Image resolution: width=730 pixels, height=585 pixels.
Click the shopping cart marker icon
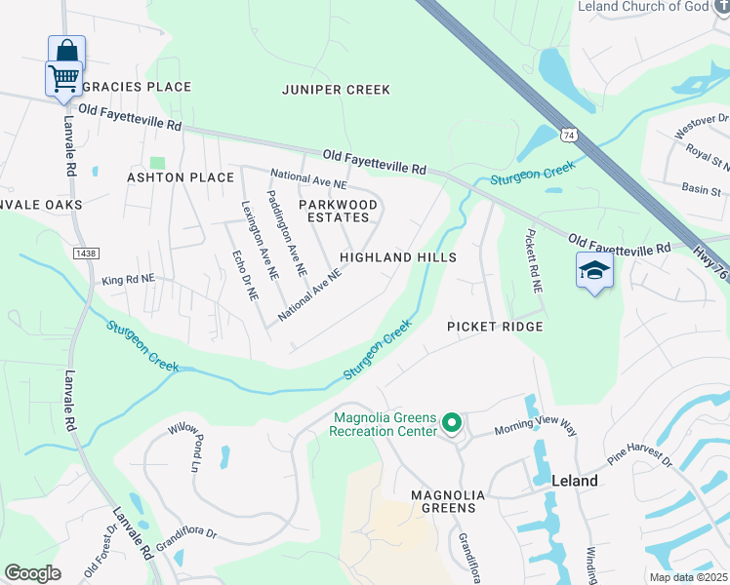pos(64,77)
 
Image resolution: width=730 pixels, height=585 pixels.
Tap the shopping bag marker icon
pos(66,51)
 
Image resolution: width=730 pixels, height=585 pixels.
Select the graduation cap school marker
pos(593,271)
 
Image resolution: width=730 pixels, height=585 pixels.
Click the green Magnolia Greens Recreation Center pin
pos(451,423)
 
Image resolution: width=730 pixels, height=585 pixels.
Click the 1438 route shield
pos(86,253)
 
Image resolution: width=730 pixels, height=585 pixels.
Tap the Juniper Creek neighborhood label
pos(336,90)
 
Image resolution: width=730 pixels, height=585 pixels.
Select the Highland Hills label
pos(398,257)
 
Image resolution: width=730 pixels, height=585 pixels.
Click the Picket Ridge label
pos(495,327)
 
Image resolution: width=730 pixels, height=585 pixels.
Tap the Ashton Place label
pos(181,177)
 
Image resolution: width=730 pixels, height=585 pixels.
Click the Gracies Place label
pos(138,87)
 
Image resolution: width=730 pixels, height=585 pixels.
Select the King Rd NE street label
pos(128,280)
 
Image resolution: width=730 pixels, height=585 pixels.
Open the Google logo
pos(33,573)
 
